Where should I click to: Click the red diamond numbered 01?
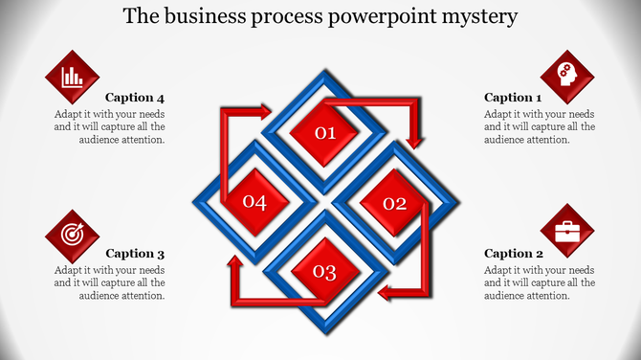coord(325,132)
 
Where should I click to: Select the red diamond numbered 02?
coord(394,203)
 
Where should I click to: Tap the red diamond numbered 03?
coord(325,273)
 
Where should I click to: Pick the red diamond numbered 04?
coord(254,202)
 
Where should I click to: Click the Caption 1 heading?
coord(513,97)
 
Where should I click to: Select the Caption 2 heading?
coord(514,254)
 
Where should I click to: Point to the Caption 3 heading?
coord(135,254)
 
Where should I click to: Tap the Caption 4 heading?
coord(135,97)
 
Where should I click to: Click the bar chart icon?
coord(72,77)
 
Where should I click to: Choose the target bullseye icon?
coord(72,234)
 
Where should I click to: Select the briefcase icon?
coord(567,232)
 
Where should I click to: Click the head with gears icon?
coord(567,76)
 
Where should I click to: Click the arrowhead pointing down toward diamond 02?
coord(414,142)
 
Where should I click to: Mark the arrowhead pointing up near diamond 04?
coord(232,262)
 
